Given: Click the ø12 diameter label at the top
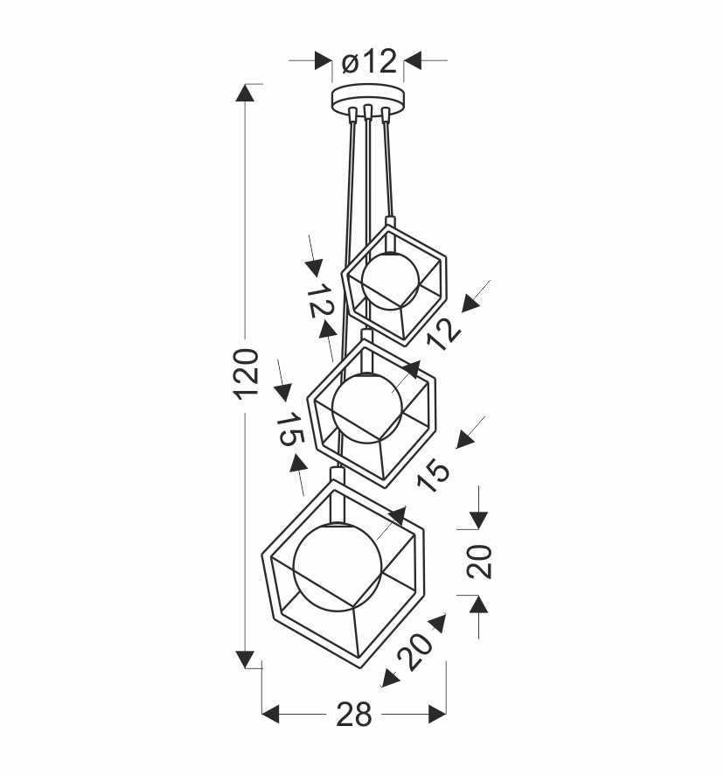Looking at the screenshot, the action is coord(369,61).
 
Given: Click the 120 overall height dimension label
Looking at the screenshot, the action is coord(246,374).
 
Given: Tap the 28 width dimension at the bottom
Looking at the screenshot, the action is coord(354,714).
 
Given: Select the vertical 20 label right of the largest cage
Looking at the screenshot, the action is coord(479,561).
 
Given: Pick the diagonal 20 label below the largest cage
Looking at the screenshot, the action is coord(415,651).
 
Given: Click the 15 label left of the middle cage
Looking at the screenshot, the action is coord(289,429).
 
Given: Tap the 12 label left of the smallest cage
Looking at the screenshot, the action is coord(320,301).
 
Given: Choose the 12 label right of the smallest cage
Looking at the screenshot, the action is coord(443,333).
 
